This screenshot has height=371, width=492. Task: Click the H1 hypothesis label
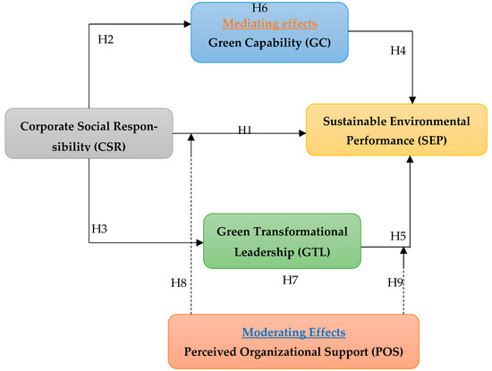(245, 131)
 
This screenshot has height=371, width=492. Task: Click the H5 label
(398, 236)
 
